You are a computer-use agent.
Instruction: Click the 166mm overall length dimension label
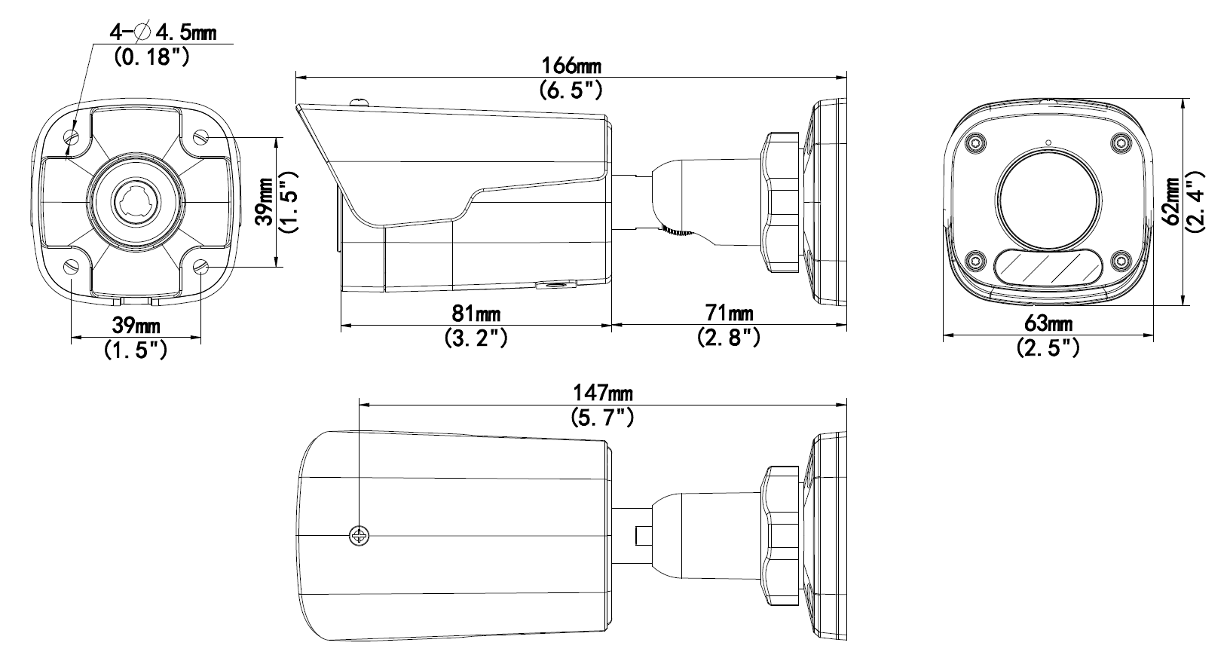(571, 66)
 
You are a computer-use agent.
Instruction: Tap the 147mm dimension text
(603, 393)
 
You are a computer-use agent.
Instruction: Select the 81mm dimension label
(476, 314)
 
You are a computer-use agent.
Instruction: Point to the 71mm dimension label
(730, 313)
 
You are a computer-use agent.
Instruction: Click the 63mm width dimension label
(1048, 323)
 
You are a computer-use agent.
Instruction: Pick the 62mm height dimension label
(1170, 201)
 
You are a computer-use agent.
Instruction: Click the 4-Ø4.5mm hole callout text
(163, 32)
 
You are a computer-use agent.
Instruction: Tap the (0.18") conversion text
(151, 57)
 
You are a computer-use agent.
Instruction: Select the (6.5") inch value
(571, 90)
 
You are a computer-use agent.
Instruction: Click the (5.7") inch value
(603, 418)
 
